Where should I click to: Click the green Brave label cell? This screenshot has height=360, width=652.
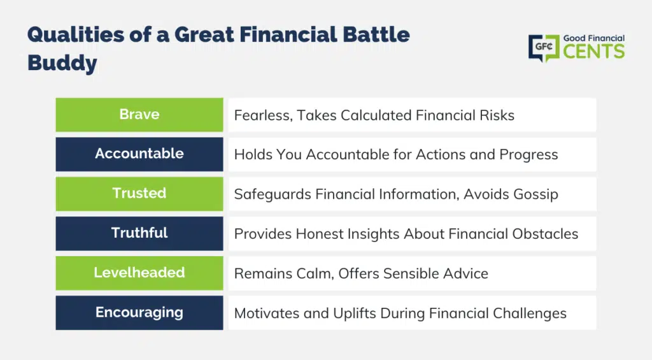coord(139,115)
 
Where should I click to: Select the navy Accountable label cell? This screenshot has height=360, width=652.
coord(139,154)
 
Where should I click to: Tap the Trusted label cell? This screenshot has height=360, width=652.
coord(139,194)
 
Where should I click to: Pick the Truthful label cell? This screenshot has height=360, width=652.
coord(139,233)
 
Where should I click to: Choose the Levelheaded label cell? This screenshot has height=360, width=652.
coord(139,273)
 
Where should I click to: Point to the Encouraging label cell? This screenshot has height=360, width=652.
coord(139,313)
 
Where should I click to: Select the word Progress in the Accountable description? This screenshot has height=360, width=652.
coord(528,155)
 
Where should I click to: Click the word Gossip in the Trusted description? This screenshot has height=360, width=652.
coord(535,194)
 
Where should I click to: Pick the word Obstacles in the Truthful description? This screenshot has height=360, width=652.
coord(545,234)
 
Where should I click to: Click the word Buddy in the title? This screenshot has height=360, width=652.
coord(62,64)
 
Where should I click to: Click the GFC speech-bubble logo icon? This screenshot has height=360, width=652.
coord(544,48)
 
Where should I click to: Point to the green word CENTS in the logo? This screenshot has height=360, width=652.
coord(594,52)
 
